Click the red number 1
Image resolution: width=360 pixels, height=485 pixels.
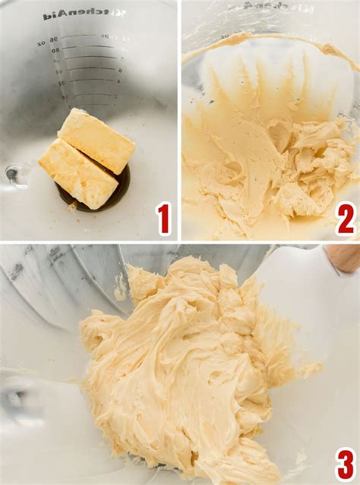(163, 219)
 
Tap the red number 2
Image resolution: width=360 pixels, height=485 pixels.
(346, 219)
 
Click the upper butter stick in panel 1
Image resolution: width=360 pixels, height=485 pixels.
(96, 140)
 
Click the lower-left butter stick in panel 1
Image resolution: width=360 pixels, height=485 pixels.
(78, 174)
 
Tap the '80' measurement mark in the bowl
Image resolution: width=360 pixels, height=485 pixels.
(56, 51)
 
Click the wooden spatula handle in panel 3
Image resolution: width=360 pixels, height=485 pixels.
(344, 258)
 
